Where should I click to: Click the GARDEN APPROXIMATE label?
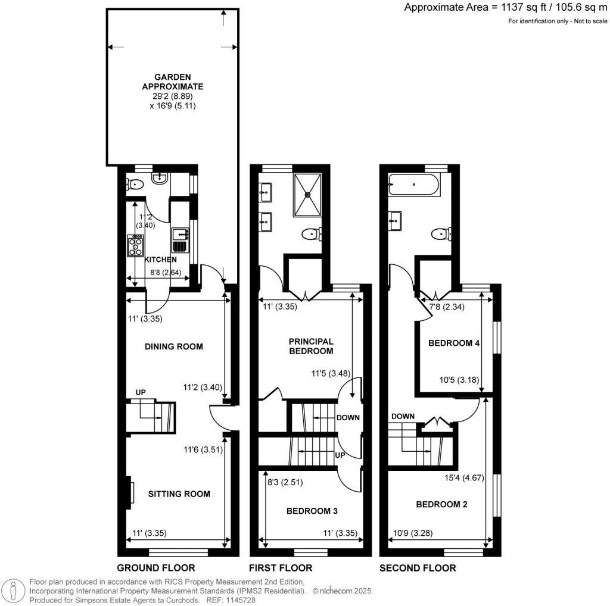click(173, 82)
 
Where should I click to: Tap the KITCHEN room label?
click(160, 260)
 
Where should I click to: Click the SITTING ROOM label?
click(179, 493)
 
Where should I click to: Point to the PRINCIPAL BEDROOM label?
click(311, 346)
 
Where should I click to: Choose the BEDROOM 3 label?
click(312, 511)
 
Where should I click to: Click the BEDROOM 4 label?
click(455, 343)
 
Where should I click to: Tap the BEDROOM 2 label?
click(441, 504)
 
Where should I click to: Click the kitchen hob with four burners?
click(135, 245)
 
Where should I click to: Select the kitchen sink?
click(180, 242)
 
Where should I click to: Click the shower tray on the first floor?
click(308, 194)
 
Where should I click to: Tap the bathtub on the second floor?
click(413, 186)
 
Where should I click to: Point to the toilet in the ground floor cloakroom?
click(134, 184)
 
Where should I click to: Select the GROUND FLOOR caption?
click(155, 568)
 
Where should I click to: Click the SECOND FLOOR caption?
click(418, 568)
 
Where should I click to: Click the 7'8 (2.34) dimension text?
click(447, 307)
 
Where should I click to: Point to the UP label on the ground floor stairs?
click(141, 392)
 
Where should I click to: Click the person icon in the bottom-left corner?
click(13, 591)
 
